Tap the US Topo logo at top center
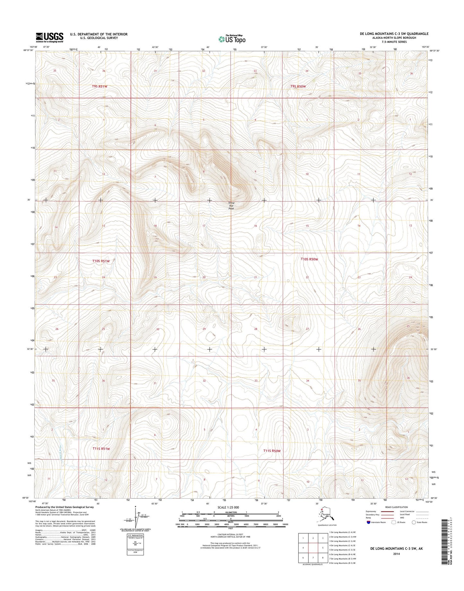tap(232, 39)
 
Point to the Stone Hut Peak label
tap(231, 206)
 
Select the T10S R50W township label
tap(309, 259)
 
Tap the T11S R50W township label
tap(272, 451)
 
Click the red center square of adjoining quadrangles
tap(313, 548)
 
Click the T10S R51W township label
tap(101, 261)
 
